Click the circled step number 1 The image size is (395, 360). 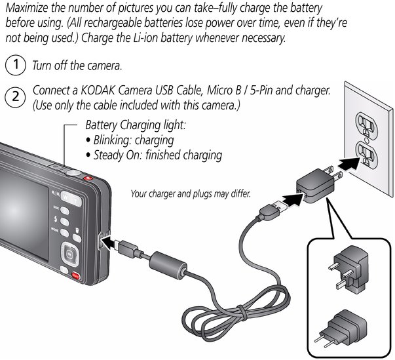point(16,65)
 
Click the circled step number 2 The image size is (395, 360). point(16,97)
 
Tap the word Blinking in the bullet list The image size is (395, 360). point(113,140)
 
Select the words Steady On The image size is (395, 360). point(117,155)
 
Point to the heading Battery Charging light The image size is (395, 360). point(136,125)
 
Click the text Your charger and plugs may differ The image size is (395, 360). point(191,194)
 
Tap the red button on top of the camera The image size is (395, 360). point(88,178)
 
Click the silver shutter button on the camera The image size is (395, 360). point(73,173)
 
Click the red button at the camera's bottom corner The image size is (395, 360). point(75,276)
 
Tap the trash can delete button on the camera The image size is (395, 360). point(77,237)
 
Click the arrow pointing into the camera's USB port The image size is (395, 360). point(110,244)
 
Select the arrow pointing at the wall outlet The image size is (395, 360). point(349,164)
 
